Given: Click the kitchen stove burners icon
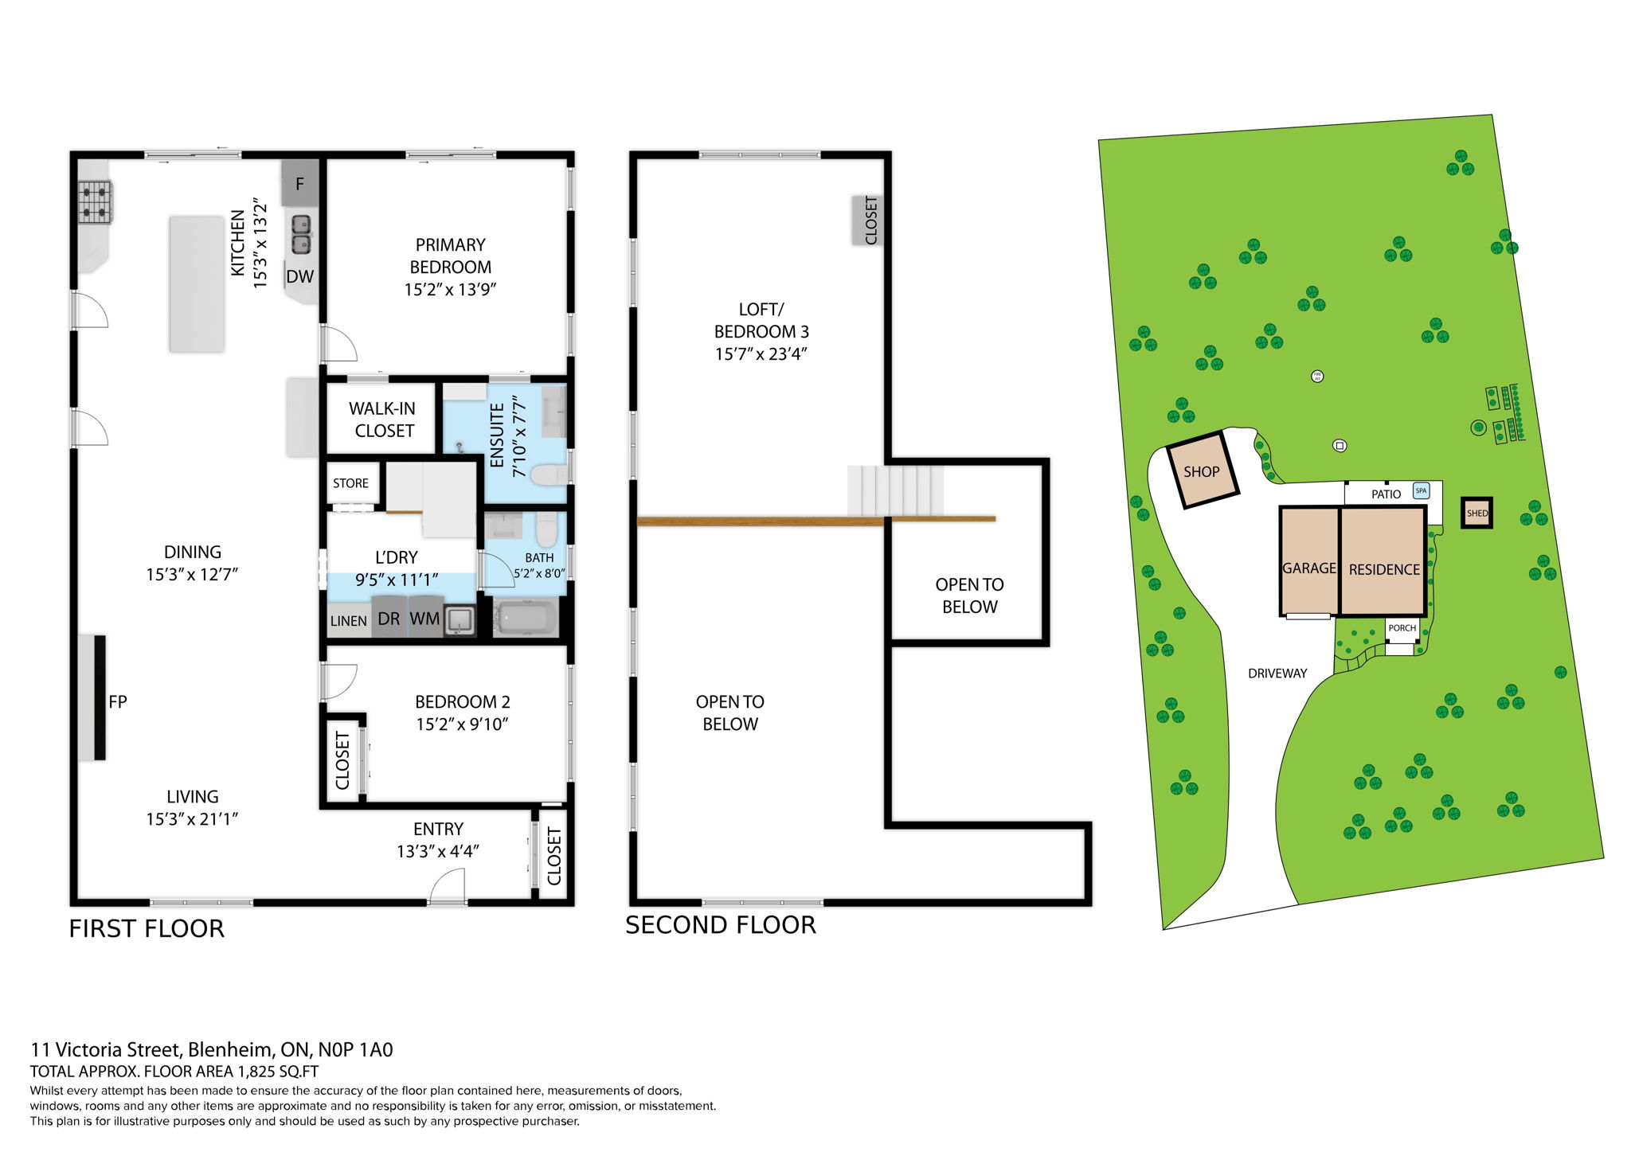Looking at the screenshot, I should click(x=96, y=202).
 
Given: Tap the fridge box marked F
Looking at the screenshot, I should click(x=300, y=184).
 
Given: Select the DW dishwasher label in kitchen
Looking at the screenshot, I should click(x=300, y=276).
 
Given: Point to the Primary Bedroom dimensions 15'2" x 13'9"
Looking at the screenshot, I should click(x=450, y=290).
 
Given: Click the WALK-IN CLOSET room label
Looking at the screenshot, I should click(x=383, y=420).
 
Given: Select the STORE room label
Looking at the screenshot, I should click(x=350, y=483).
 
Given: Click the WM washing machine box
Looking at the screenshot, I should click(x=424, y=619).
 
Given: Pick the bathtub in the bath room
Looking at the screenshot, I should click(x=525, y=618).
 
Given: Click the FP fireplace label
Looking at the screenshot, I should click(x=118, y=701).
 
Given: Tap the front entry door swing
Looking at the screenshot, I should click(x=448, y=885).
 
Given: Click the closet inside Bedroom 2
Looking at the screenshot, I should click(x=342, y=760).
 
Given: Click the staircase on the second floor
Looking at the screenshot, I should click(x=895, y=490).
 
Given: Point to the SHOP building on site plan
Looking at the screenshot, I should click(x=1201, y=471).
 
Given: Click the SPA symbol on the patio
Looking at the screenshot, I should click(x=1421, y=490).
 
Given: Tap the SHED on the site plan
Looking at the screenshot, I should click(x=1477, y=514).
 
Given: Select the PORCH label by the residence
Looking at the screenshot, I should click(x=1402, y=628).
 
